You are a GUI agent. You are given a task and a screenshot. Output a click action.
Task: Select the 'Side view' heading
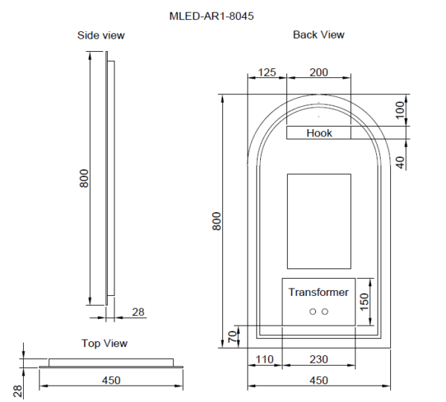101,35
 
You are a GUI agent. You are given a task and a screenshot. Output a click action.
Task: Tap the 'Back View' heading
318,34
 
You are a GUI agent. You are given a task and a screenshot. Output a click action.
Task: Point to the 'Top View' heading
104,343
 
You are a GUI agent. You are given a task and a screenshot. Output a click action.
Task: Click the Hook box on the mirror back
319,133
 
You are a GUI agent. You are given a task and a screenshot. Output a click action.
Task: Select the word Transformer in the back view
318,292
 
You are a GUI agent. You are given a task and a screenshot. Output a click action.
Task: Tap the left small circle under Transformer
313,312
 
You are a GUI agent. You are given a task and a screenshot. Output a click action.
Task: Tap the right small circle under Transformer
325,312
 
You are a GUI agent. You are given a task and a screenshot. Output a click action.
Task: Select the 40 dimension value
401,161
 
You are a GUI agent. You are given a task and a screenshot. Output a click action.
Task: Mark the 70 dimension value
231,337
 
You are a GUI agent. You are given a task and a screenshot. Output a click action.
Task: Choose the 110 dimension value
264,359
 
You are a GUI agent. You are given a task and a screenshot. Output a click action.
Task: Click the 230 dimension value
318,359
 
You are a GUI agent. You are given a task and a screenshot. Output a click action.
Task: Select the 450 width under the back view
318,380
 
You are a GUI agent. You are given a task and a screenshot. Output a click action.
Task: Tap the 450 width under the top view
110,380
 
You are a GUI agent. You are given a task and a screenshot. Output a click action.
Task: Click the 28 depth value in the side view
138,312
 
